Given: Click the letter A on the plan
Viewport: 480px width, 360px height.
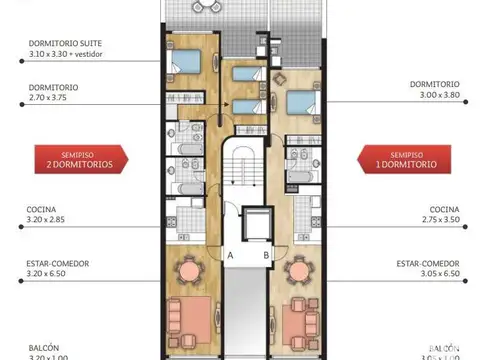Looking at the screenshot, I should (x=230, y=255).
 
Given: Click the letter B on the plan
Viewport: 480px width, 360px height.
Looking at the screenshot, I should (x=265, y=255).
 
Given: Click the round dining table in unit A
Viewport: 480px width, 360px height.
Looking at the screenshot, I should (x=188, y=270).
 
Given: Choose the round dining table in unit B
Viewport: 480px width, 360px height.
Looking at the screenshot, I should (x=296, y=270).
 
